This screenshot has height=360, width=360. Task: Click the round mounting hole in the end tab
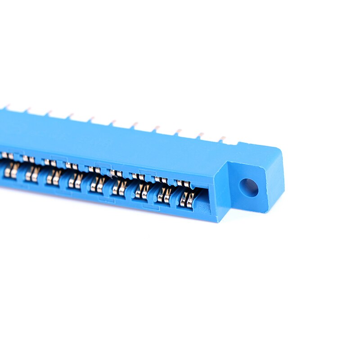(x=248, y=187)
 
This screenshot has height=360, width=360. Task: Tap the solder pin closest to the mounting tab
(x=222, y=139)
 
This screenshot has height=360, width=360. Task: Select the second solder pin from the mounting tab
(x=200, y=135)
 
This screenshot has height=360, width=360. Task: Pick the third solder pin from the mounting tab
(x=178, y=132)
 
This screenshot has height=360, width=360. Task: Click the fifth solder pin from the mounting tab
(x=134, y=125)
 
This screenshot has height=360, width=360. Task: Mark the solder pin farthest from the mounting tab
(x=6, y=108)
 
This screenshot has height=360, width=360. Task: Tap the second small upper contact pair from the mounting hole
(x=161, y=180)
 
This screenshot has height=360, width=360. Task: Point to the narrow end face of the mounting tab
(x=275, y=180)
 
